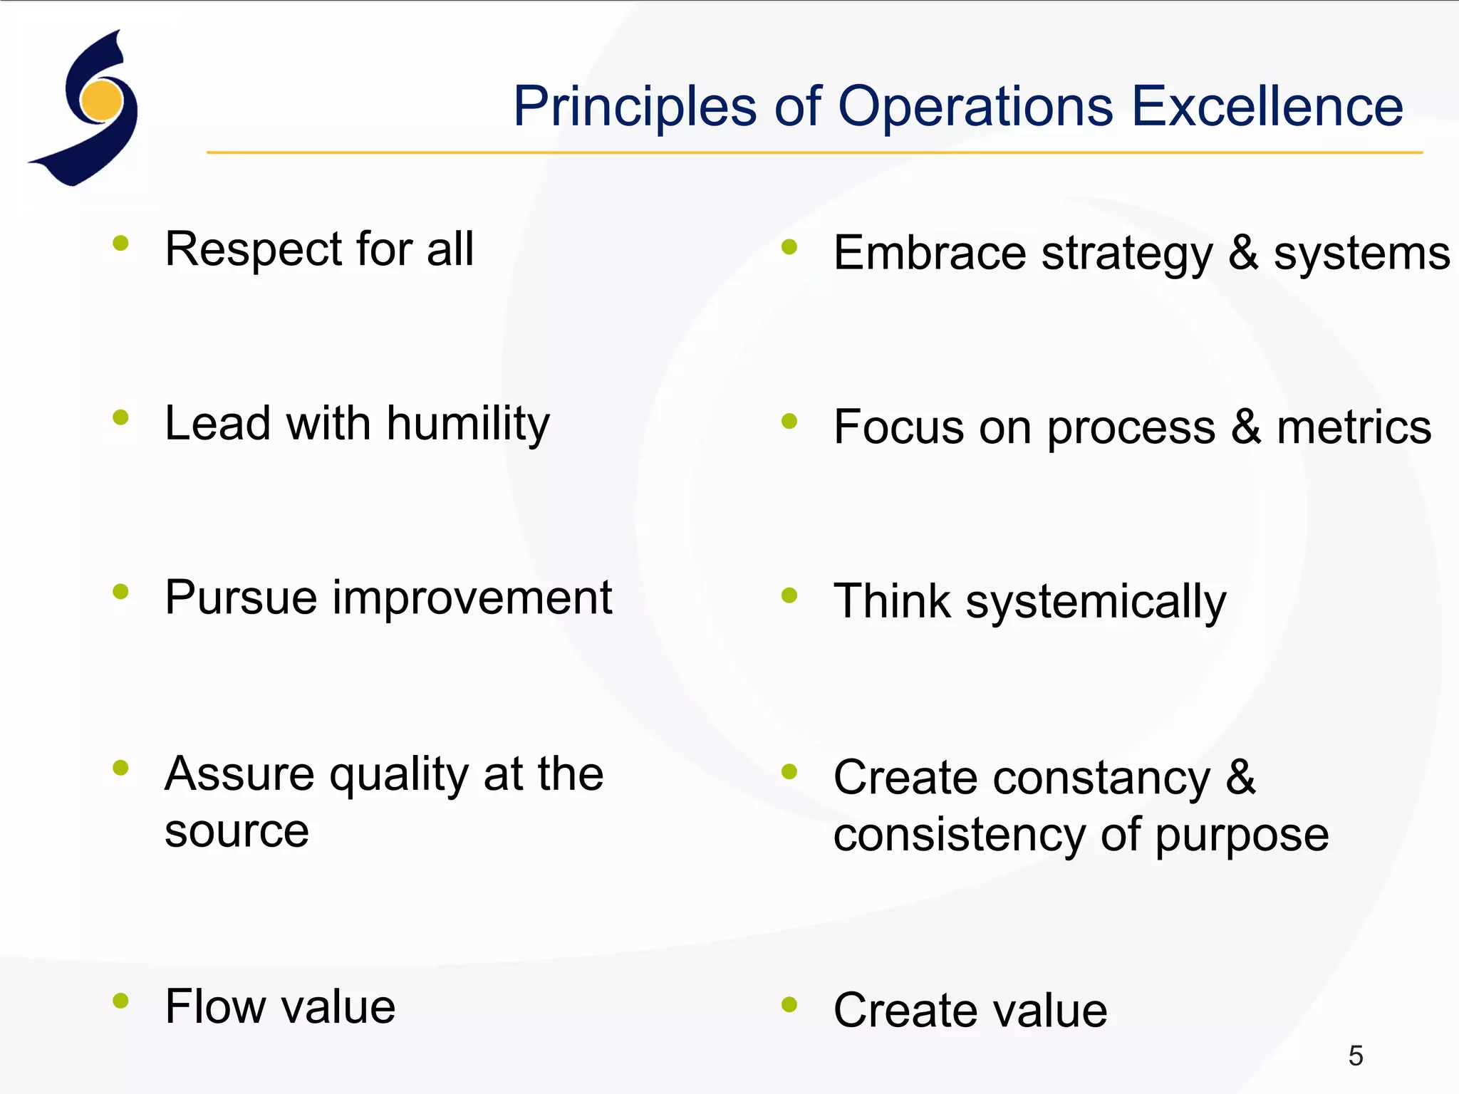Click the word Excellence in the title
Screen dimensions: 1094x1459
click(x=1267, y=107)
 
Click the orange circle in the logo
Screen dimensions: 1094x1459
click(x=102, y=100)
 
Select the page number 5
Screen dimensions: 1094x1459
click(x=1355, y=1056)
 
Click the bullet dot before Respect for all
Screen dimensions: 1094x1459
click(x=120, y=244)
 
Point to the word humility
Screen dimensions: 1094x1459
click(x=468, y=424)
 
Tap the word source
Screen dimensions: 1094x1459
click(x=237, y=831)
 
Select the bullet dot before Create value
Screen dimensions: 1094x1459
click(x=789, y=1004)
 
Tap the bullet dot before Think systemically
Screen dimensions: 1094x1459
click(x=789, y=595)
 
